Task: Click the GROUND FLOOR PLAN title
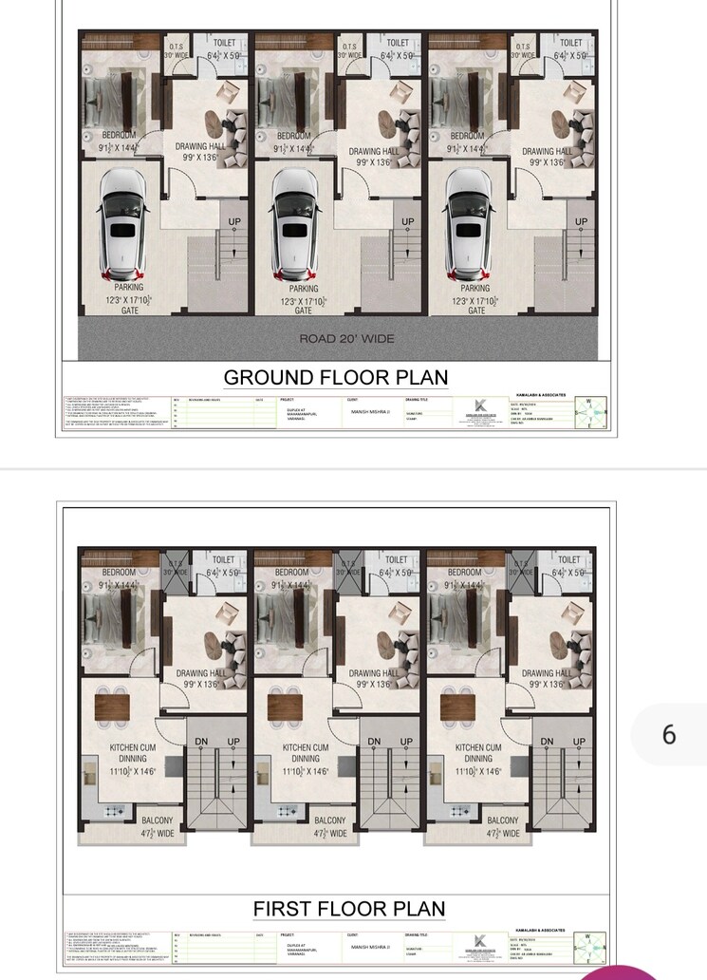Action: click(x=336, y=377)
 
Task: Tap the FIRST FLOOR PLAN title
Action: click(x=348, y=909)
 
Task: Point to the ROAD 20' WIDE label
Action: click(x=346, y=339)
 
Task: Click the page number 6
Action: click(x=669, y=734)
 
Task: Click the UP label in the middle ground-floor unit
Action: click(x=407, y=222)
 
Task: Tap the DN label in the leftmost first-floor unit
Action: click(x=202, y=742)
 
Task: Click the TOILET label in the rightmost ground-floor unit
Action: click(x=571, y=43)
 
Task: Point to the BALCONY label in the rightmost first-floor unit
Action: click(x=503, y=820)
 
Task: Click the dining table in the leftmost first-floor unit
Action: click(x=111, y=707)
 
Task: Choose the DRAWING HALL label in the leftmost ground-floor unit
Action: click(x=200, y=147)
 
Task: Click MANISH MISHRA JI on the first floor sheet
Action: click(x=370, y=947)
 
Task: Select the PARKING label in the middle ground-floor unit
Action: click(x=303, y=288)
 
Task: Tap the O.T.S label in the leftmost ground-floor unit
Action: click(x=177, y=47)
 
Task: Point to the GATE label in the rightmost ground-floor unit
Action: click(x=476, y=311)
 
